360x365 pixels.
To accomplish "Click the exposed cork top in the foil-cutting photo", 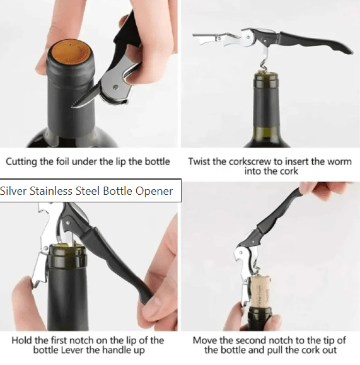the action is [71, 52].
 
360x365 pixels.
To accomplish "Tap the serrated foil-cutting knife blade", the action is [86, 97].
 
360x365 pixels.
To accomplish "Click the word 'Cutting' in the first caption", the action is [21, 162].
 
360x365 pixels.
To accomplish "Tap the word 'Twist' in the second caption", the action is [199, 161].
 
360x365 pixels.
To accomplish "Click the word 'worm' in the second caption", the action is [340, 162].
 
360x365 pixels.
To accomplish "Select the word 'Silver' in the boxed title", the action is [13, 191].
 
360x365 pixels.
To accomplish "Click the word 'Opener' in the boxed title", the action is [154, 192].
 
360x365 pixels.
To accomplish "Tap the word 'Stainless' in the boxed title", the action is [51, 191].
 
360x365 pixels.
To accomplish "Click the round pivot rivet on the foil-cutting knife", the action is [115, 87].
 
